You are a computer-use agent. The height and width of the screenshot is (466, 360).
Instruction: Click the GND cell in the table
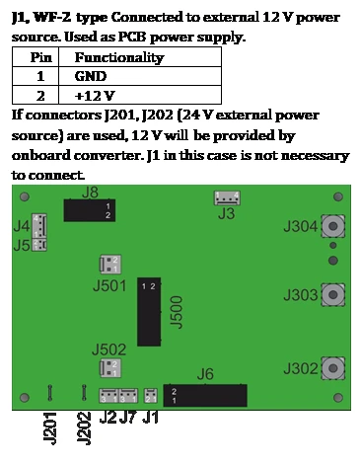point(140,76)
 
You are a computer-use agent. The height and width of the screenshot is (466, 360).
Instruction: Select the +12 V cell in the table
point(140,95)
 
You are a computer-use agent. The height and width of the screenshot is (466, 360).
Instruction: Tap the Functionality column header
point(140,57)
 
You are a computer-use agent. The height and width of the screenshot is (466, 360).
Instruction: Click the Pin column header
point(36,57)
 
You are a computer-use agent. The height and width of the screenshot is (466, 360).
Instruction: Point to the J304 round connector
point(333,226)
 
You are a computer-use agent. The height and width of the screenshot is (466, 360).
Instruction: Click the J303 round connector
point(333,294)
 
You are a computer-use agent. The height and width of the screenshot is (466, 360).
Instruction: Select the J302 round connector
point(333,368)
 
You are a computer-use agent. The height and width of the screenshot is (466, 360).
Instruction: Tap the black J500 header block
point(149,312)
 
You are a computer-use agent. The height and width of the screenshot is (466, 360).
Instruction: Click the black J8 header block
point(90,210)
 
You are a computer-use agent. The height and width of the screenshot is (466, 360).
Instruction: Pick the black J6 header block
point(205,395)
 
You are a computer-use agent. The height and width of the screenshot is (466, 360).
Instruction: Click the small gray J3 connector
point(227,198)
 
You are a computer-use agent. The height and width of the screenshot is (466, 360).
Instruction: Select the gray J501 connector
point(110,265)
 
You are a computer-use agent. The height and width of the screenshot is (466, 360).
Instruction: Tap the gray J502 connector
point(110,368)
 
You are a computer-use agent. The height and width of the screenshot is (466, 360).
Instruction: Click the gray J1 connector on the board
point(151,396)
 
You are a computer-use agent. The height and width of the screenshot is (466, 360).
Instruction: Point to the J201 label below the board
point(50,428)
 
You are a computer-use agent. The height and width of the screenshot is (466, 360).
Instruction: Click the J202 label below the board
point(84,428)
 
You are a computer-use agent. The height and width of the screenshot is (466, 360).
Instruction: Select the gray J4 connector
point(39,225)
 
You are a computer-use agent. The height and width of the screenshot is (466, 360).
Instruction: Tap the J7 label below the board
point(128,418)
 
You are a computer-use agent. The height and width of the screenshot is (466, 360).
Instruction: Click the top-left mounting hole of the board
point(25,196)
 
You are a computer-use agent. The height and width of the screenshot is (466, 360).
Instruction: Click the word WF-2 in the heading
point(52,17)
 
